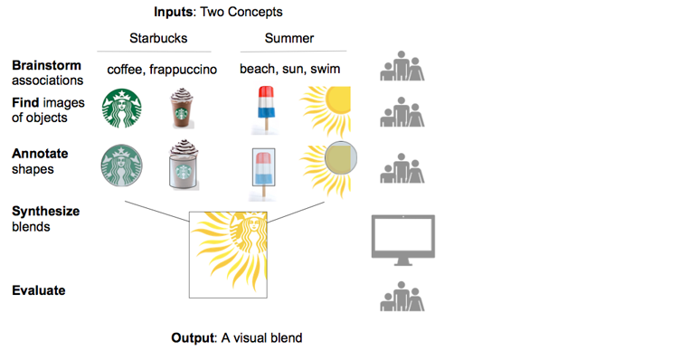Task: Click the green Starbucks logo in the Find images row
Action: pos(121,109)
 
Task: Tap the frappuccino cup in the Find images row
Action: pos(182,109)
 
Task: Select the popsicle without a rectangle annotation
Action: pos(266,109)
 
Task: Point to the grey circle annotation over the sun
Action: pos(341,158)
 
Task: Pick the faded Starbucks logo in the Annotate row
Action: pos(121,166)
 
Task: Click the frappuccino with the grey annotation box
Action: pos(184,165)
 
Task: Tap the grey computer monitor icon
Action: pos(403,240)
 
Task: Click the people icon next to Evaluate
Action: pos(402,296)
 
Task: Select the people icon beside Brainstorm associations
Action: pos(402,66)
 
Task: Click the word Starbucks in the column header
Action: pos(158,38)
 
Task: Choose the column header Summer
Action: pos(289,38)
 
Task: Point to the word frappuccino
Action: pos(183,70)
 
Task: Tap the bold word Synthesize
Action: pos(45,212)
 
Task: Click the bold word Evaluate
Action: pos(39,290)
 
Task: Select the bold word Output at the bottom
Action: pos(193,338)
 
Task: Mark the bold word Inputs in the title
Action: pos(174,12)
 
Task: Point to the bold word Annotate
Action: pos(40,154)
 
